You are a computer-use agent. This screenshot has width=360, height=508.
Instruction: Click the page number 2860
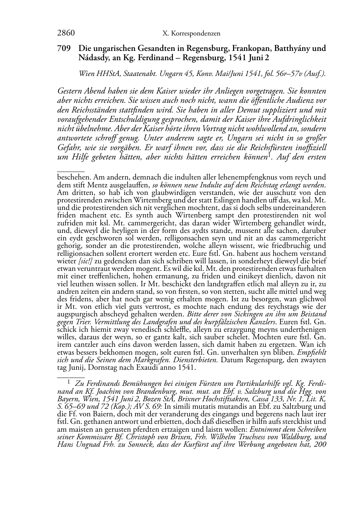(x=66, y=33)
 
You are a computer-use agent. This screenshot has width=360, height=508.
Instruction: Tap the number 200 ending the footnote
(x=320, y=445)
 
